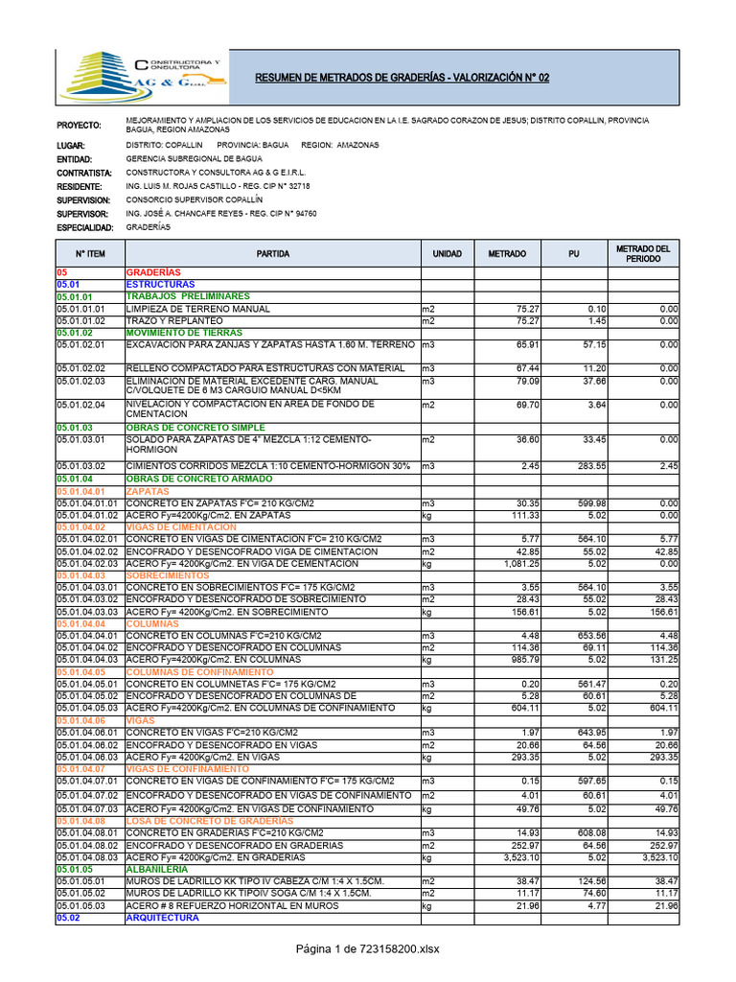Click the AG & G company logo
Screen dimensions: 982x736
[142, 77]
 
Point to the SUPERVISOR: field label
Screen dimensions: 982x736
[83, 214]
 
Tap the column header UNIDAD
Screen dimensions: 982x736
[447, 254]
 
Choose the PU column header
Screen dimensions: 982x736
[573, 254]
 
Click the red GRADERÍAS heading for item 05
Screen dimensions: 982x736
[153, 273]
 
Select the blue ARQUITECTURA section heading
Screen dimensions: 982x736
[162, 918]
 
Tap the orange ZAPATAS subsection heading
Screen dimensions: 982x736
[147, 491]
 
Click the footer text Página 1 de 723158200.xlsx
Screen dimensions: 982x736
[368, 949]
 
